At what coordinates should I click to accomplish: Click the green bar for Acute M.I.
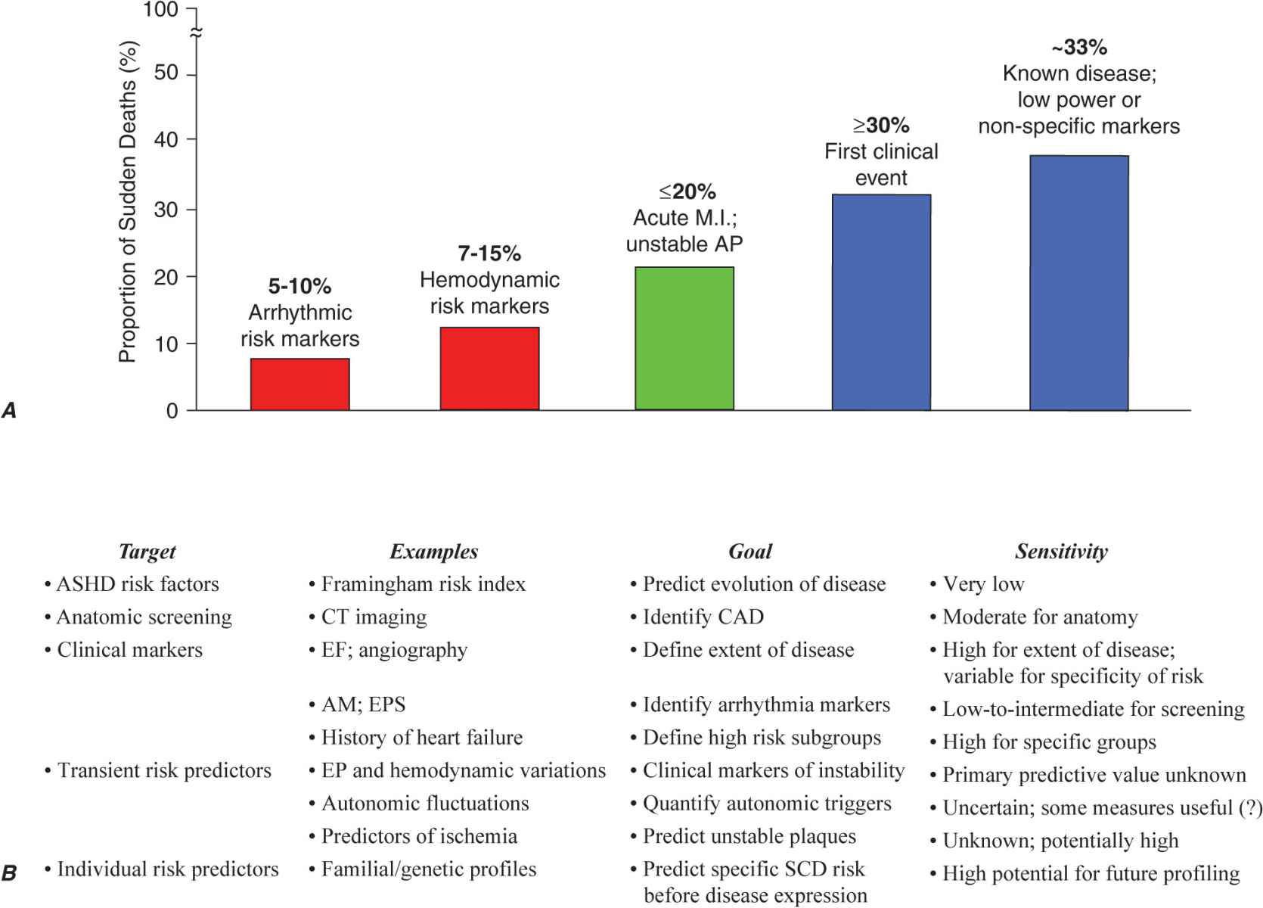pyautogui.click(x=684, y=338)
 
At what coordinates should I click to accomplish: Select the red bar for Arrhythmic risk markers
pyautogui.click(x=299, y=384)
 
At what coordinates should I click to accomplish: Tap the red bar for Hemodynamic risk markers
pyautogui.click(x=489, y=368)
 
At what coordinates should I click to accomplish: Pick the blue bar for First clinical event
pyautogui.click(x=881, y=303)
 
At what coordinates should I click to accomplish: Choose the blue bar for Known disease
pyautogui.click(x=1078, y=283)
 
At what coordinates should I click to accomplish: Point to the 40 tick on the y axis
pyautogui.click(x=166, y=140)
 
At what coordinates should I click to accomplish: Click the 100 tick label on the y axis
pyautogui.click(x=160, y=10)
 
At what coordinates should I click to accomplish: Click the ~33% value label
pyautogui.click(x=1079, y=47)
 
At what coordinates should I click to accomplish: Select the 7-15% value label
pyautogui.click(x=489, y=253)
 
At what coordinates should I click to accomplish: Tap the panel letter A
pyautogui.click(x=9, y=410)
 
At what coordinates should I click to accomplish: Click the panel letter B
pyautogui.click(x=9, y=873)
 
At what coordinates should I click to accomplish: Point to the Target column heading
pyautogui.click(x=147, y=552)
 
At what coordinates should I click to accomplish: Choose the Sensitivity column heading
pyautogui.click(x=1061, y=552)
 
